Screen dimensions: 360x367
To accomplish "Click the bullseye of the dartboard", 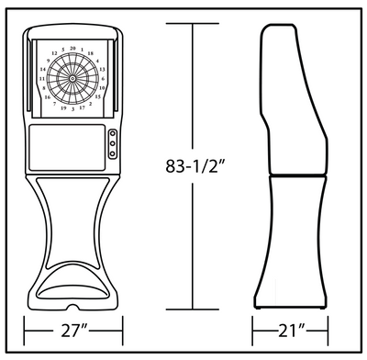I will point(73,82).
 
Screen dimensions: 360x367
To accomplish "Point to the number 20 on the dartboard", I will point(73,47).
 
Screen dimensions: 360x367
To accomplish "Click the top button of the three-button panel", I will point(112,135).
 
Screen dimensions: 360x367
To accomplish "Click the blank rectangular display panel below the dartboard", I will point(65,144).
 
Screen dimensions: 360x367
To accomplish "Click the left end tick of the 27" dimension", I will point(24,328).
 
